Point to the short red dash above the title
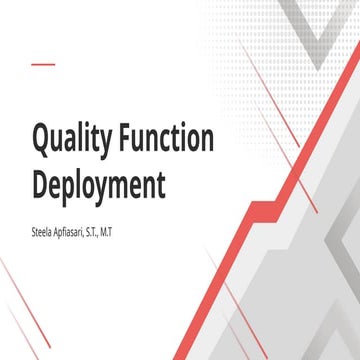(x=42, y=65)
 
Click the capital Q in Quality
(x=43, y=140)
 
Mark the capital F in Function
(x=128, y=139)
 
